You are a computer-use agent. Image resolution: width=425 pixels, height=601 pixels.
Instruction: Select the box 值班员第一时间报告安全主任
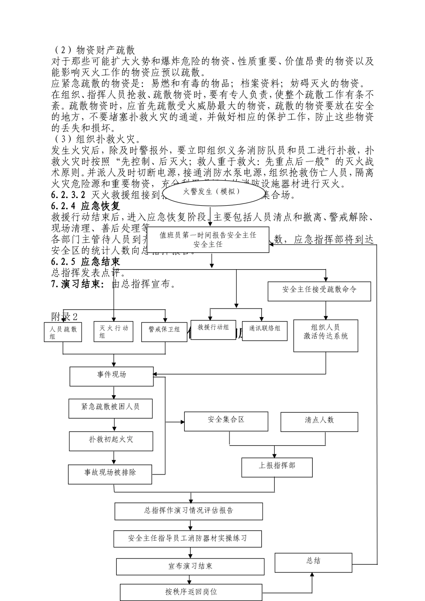[208, 240]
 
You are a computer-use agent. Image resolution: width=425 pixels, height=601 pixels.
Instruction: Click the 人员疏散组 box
[63, 332]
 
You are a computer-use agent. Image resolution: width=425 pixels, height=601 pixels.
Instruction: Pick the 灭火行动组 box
[113, 332]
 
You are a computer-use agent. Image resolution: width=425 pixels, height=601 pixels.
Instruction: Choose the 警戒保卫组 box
[164, 331]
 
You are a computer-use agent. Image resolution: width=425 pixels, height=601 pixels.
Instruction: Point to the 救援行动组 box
[214, 330]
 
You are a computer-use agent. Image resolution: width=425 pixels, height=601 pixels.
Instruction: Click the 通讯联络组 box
[264, 330]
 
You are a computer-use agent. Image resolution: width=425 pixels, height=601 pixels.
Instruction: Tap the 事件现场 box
[111, 376]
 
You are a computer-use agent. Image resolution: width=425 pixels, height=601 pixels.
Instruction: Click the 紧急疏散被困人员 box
[110, 408]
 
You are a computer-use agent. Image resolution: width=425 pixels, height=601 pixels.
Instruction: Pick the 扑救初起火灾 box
[110, 440]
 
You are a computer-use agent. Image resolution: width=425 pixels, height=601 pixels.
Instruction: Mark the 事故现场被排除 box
[110, 474]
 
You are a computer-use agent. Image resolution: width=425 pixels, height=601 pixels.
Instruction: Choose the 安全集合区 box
[226, 421]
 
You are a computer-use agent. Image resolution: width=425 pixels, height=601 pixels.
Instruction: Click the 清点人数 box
[319, 422]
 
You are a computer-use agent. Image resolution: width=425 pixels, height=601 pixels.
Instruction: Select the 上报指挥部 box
[277, 467]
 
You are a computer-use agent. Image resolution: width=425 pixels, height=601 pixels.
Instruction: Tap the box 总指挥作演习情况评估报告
[188, 511]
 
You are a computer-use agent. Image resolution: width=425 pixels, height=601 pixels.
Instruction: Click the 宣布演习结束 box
[190, 566]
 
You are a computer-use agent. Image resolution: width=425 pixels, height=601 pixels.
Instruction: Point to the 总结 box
[313, 563]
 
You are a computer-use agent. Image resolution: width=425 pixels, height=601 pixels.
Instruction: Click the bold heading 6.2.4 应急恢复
[86, 206]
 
